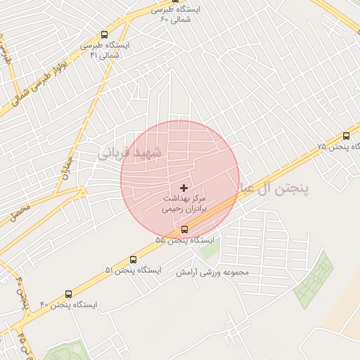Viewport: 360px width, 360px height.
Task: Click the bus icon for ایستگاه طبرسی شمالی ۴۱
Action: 105,34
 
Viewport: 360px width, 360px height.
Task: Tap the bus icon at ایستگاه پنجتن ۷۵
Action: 345,136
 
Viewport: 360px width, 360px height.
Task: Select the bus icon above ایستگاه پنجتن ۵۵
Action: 184,229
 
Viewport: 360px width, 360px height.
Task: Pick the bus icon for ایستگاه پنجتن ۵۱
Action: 134,259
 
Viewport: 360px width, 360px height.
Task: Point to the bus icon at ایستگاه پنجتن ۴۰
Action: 68,295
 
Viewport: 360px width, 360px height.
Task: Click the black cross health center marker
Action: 184,188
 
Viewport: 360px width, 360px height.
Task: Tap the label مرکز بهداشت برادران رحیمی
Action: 182,204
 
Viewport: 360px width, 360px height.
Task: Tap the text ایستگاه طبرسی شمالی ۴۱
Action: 105,50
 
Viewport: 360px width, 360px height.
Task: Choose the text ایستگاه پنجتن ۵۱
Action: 134,270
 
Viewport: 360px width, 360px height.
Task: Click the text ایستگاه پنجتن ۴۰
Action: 68,305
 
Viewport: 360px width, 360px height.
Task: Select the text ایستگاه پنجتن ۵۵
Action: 184,240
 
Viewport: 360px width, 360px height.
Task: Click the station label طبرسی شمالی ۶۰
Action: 176,14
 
